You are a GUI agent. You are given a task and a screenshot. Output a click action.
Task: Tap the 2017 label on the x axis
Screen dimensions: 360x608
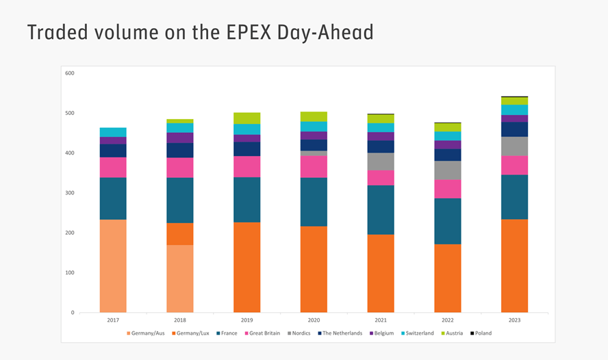(x=113, y=320)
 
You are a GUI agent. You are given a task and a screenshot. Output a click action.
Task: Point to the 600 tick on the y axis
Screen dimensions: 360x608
(x=70, y=73)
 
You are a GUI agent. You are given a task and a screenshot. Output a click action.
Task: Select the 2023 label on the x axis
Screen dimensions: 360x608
(x=514, y=320)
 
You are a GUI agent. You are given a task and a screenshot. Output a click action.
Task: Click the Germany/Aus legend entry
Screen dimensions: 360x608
(x=146, y=333)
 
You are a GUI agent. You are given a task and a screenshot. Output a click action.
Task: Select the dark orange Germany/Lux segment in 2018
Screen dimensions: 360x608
(x=180, y=233)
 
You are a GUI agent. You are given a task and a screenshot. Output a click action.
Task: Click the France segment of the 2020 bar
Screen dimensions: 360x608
(x=314, y=202)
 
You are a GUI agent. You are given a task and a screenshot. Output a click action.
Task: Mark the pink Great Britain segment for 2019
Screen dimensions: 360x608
(x=246, y=166)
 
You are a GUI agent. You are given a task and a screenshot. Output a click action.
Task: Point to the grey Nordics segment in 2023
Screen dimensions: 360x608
(x=514, y=146)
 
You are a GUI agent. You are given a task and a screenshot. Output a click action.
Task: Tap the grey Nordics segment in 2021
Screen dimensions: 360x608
(x=381, y=161)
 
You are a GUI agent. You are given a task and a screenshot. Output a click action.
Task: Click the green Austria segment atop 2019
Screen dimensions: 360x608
(x=246, y=118)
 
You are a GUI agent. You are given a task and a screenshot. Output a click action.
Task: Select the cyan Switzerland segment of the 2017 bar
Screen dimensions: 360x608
(x=113, y=132)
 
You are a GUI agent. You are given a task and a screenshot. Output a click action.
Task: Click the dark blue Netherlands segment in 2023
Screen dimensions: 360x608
(x=514, y=129)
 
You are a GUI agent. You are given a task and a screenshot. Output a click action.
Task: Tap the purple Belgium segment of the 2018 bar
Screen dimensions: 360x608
(x=180, y=138)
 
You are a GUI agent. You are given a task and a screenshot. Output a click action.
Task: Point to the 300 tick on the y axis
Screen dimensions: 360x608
(x=70, y=193)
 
